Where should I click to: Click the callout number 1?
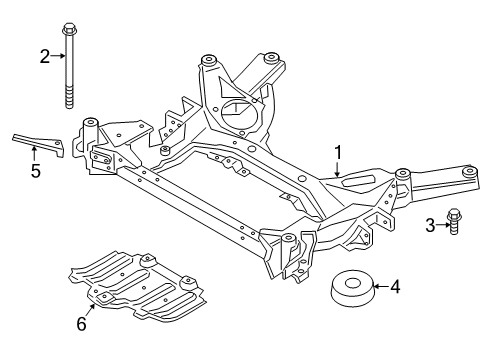point(338,153)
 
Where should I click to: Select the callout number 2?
point(45,56)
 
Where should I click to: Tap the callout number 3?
point(430,225)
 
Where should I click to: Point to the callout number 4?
point(395,287)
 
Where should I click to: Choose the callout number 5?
point(36,171)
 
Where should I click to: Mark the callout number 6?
point(82,323)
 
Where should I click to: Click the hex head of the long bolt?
point(69,28)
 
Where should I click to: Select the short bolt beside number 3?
point(453,221)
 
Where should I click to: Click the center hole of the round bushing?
point(350,284)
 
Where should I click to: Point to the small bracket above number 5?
point(39,145)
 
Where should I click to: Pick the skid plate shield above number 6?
point(137,287)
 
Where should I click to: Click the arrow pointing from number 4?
point(381,286)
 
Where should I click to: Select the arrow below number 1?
point(337,169)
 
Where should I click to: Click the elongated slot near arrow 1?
point(358,180)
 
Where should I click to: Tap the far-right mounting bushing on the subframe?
point(469,171)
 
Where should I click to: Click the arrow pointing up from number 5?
point(34,154)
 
